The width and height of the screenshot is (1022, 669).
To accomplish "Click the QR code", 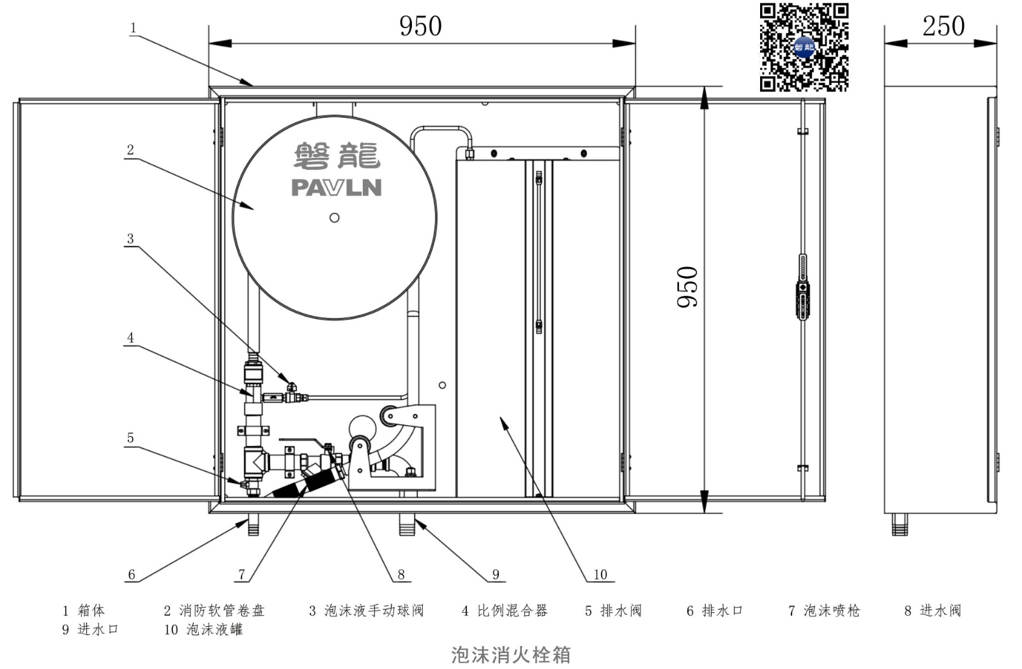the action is click(x=804, y=47).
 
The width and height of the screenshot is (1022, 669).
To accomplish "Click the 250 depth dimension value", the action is click(x=943, y=26).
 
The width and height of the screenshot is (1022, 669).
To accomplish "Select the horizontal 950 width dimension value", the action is click(x=421, y=26).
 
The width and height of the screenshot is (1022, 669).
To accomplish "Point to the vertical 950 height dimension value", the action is click(x=687, y=287).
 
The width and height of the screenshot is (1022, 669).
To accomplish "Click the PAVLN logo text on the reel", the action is click(x=336, y=188).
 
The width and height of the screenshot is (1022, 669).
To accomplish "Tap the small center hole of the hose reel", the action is click(x=335, y=218).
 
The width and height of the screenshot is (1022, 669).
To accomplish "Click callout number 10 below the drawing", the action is click(x=600, y=574).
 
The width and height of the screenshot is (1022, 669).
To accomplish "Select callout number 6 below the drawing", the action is click(x=132, y=574).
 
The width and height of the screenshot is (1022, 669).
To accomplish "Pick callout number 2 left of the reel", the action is click(x=130, y=150).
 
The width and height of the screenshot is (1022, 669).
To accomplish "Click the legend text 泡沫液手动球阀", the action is click(x=374, y=611).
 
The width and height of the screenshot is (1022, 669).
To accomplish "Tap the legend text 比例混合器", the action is click(x=512, y=611).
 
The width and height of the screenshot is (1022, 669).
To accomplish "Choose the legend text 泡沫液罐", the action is click(x=215, y=630).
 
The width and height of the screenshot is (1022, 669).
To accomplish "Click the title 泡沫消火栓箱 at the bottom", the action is click(x=511, y=655).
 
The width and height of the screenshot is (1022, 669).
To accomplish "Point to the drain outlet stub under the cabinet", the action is click(x=253, y=525).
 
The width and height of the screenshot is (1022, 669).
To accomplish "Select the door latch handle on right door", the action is click(x=802, y=287).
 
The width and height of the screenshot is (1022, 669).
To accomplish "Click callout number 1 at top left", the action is click(x=133, y=28).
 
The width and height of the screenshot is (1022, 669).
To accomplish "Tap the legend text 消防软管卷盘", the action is click(x=222, y=611).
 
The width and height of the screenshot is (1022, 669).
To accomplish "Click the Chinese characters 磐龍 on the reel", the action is click(x=337, y=156).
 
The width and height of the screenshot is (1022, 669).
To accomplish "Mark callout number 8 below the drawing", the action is click(x=401, y=574).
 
